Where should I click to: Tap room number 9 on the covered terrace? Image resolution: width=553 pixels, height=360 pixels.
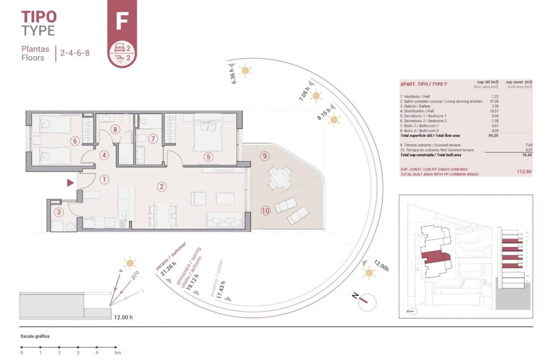click(x=265, y=156)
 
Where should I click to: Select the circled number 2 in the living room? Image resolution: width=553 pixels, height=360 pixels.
click(x=161, y=186)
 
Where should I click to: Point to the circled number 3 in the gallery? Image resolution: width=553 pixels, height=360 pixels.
click(x=59, y=211)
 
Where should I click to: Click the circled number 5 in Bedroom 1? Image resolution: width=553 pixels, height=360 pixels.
click(x=208, y=157)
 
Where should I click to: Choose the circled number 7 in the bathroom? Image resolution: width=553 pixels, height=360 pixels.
click(x=153, y=139)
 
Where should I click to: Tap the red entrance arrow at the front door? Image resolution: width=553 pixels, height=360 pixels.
click(x=70, y=183)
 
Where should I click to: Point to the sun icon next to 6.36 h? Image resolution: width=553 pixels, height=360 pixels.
click(x=245, y=70)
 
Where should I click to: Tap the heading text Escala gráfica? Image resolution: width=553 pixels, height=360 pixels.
click(x=35, y=336)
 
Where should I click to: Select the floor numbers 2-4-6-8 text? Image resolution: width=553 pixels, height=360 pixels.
click(x=75, y=54)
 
